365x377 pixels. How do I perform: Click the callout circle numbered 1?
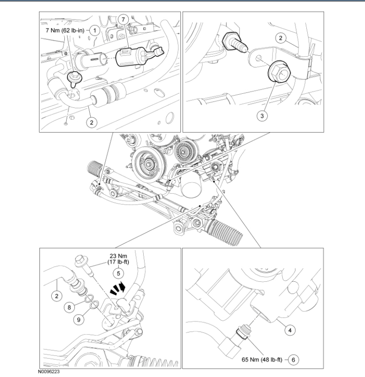pyautogui.click(x=94, y=30)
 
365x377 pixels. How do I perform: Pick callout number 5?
pyautogui.click(x=119, y=272)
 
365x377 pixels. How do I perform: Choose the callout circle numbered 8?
pyautogui.click(x=70, y=308)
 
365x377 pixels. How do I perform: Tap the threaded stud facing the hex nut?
pyautogui.click(x=235, y=43)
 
